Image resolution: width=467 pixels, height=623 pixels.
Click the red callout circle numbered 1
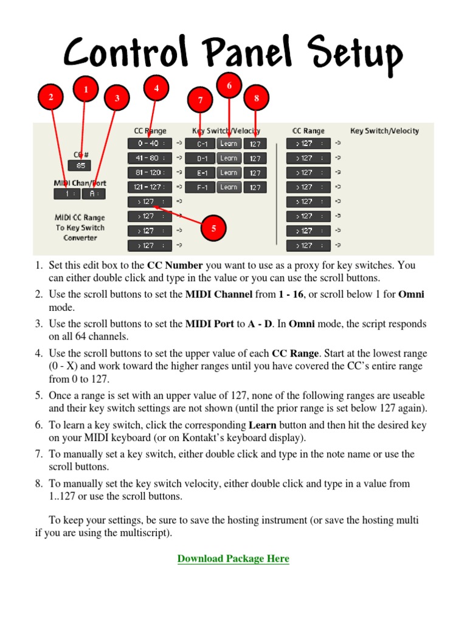pos(86,90)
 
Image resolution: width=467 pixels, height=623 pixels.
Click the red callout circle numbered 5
pos(213,229)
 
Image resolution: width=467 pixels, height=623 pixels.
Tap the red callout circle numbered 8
pos(256,98)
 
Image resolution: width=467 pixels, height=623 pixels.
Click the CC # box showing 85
pos(80,165)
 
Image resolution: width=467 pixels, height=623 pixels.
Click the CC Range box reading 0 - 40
pos(146,144)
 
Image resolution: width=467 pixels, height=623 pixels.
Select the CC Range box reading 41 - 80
pos(146,158)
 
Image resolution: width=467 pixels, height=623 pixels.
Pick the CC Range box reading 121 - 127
pos(146,187)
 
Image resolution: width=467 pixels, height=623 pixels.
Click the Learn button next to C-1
pos(229,144)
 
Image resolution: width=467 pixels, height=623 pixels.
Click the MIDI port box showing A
pos(94,194)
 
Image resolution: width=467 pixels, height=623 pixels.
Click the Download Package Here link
pos(233,559)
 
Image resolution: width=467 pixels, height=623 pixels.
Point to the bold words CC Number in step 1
pos(175,266)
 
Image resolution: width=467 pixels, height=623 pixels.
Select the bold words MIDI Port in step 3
pos(209,324)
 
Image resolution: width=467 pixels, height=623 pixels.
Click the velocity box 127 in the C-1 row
pos(255,144)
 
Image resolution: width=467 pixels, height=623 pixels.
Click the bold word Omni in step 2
pos(411,294)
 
